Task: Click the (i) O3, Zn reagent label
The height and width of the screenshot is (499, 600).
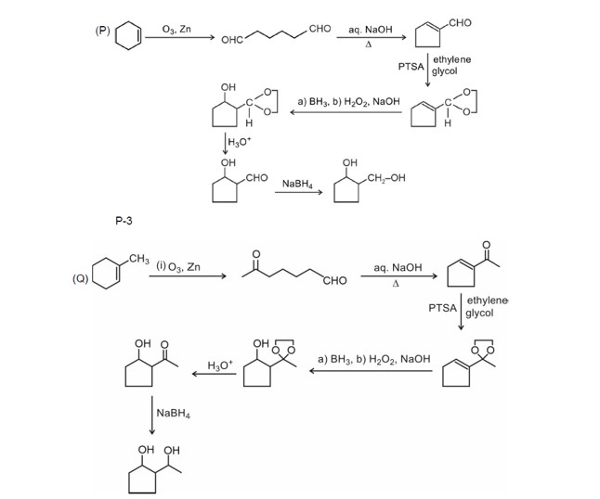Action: (177, 267)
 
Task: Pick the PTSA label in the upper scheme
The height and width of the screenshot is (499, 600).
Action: (410, 68)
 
